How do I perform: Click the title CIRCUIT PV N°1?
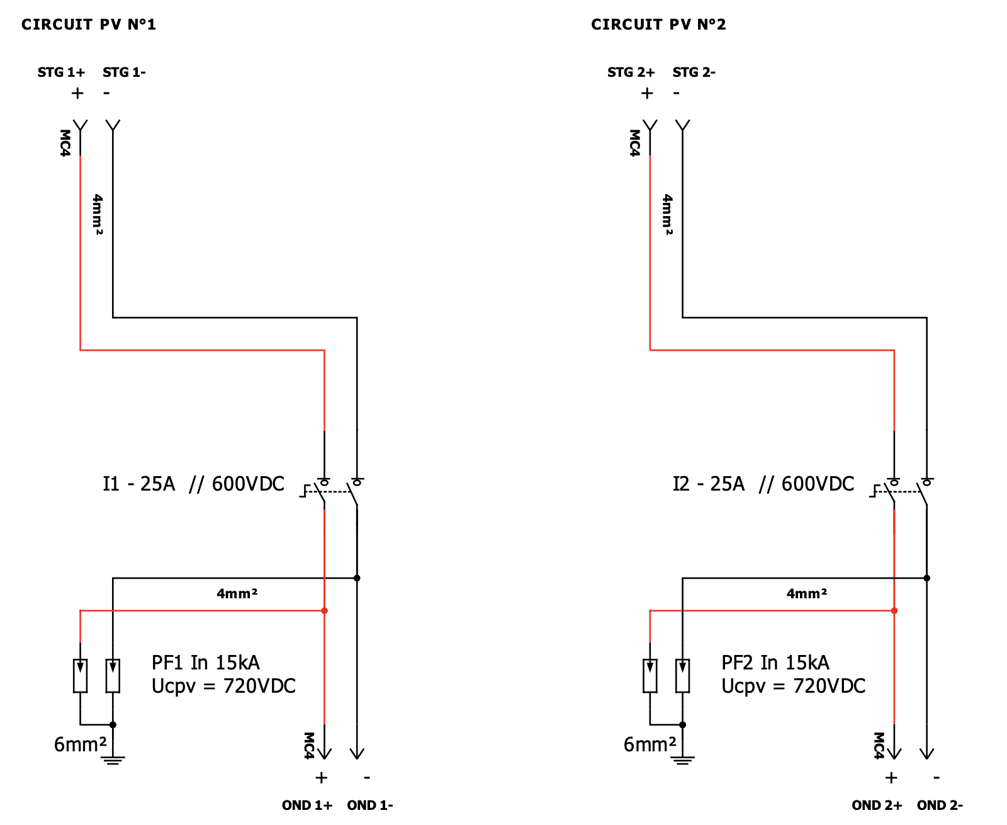pos(88,25)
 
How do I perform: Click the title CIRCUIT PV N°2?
pos(658,25)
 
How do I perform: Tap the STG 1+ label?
pos(61,72)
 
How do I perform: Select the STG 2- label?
pos(694,72)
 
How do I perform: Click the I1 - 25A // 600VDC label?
pos(193,484)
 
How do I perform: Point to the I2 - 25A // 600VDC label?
pos(763,484)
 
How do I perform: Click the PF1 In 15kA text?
pos(205,663)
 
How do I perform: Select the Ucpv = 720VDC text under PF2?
pos(793,686)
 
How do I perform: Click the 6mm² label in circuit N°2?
pos(650,745)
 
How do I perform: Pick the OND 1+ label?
pos(307,805)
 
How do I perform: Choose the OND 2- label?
pos(939,805)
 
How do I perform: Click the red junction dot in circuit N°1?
pos(324,611)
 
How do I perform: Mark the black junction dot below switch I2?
pos(926,578)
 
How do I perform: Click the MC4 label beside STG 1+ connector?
pos(65,143)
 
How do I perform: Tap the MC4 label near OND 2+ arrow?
pos(879,745)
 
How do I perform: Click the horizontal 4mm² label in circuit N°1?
pos(237,593)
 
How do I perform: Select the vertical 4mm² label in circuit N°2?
pos(668,214)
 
